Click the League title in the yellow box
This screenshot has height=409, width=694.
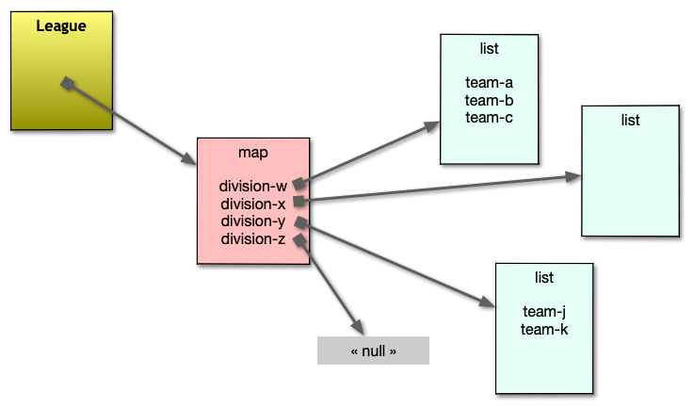(61, 25)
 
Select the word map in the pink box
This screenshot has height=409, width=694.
(252, 152)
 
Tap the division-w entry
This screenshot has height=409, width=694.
(253, 186)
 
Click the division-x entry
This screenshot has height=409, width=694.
(253, 204)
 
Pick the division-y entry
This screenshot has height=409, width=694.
(253, 221)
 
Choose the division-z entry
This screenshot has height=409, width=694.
(253, 239)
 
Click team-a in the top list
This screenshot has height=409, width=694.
(489, 83)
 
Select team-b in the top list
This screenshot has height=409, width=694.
(489, 100)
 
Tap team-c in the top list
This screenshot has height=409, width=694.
(489, 117)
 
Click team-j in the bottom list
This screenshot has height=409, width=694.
(544, 312)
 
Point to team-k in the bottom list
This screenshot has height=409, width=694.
(544, 329)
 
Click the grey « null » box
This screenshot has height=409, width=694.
(373, 351)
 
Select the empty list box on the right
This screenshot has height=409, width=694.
(630, 179)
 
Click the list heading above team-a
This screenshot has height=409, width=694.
(489, 48)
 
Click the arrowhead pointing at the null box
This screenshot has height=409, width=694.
(357, 325)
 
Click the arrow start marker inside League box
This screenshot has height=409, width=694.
(67, 85)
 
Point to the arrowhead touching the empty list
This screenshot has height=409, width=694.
(573, 176)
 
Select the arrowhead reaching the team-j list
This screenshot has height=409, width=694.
(487, 303)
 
